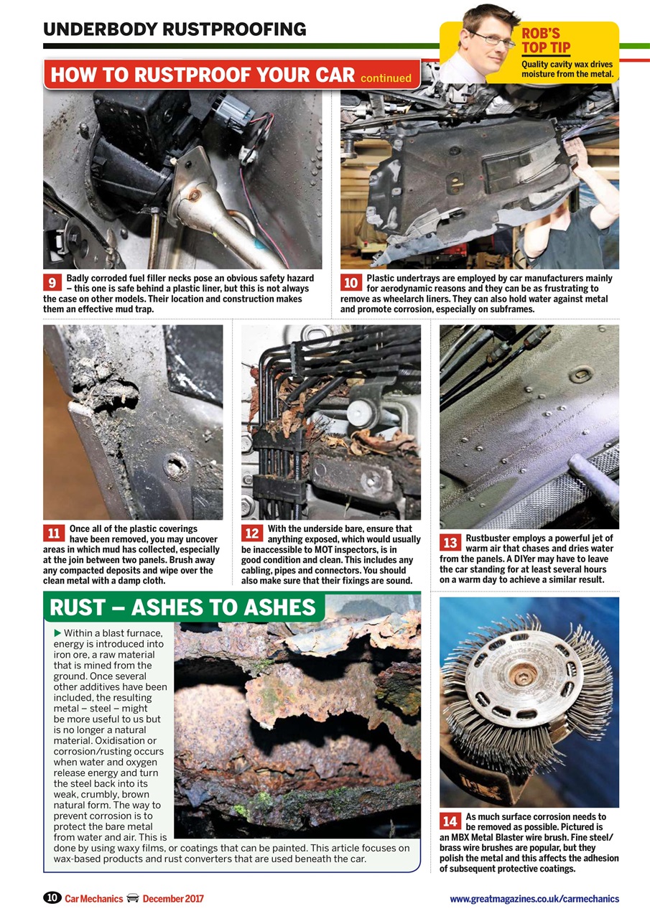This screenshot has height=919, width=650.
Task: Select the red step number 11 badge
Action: click(x=53, y=533)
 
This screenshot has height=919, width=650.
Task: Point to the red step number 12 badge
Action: click(x=251, y=533)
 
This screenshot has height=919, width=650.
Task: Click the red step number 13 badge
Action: click(x=450, y=544)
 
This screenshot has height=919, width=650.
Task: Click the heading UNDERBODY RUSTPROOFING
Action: click(x=175, y=29)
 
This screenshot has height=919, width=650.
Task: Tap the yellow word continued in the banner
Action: click(x=386, y=78)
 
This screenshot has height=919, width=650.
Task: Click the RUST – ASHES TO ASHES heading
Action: click(x=182, y=607)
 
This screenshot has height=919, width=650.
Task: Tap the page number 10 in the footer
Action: click(x=52, y=897)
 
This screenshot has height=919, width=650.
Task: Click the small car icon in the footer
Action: click(x=132, y=898)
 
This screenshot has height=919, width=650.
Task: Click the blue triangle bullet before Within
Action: click(x=57, y=633)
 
